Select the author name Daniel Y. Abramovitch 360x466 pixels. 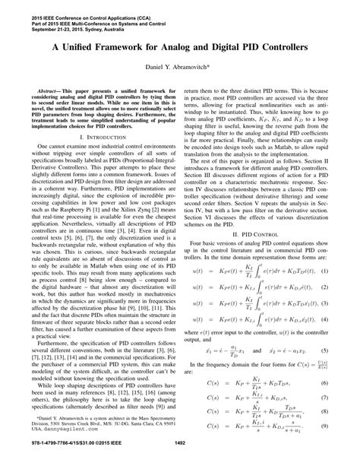click(179, 68)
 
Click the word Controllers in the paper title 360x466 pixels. click(292, 46)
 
